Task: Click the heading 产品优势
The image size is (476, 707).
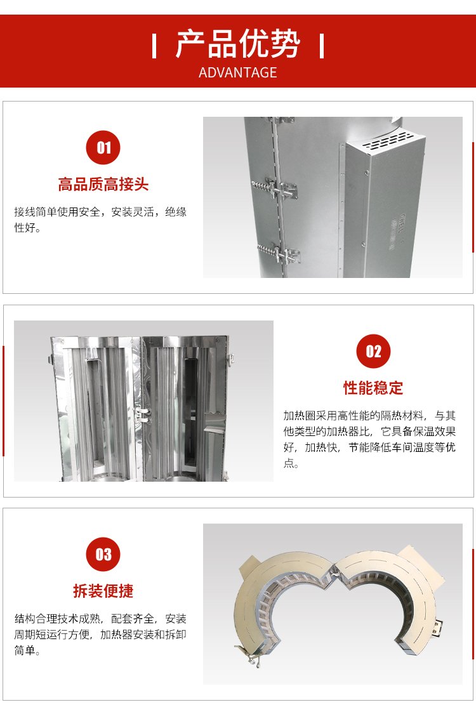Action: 237,44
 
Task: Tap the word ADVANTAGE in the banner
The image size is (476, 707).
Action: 237,72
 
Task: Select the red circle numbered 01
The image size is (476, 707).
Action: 103,147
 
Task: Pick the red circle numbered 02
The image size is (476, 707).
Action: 373,351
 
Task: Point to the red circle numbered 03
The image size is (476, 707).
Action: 103,554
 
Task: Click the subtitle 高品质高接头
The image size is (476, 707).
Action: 103,185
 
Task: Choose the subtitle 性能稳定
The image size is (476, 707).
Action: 373,388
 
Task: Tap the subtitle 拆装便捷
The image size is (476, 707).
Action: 103,591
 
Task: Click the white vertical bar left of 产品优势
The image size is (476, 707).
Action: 154,46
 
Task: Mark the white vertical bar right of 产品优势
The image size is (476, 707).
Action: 322,46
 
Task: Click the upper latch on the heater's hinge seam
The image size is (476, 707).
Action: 275,189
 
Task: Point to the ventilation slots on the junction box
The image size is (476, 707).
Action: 386,141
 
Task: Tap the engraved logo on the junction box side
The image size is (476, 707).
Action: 399,230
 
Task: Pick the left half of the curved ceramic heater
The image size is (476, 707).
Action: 279,604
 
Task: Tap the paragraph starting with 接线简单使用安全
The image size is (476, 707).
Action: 100,220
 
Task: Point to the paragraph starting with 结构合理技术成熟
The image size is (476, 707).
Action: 100,635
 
